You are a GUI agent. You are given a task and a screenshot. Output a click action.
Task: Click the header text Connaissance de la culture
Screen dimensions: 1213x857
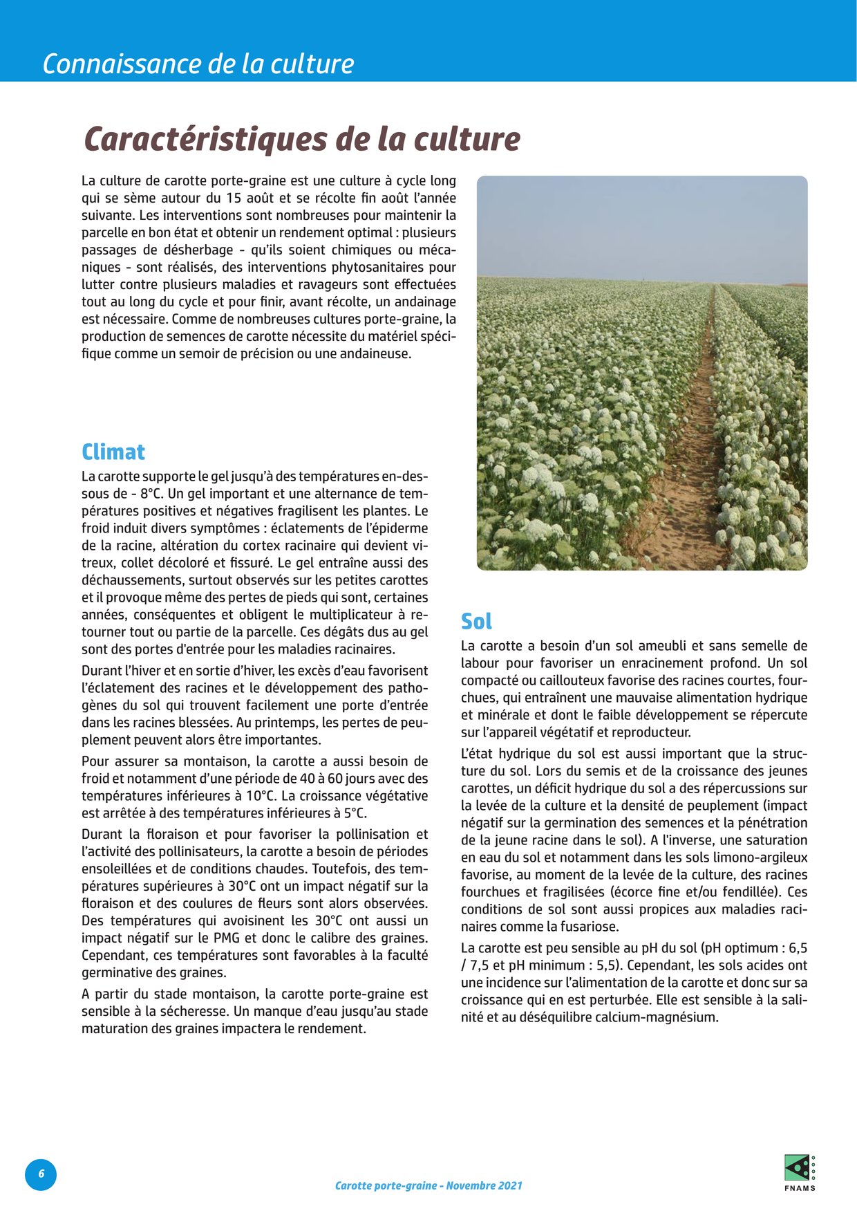pos(198,64)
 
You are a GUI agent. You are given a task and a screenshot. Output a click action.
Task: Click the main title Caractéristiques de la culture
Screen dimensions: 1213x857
pos(302,139)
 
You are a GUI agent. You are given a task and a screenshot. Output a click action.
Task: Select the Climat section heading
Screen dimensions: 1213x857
pos(113,452)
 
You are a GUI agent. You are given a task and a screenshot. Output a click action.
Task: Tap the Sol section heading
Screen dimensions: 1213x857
pos(476,621)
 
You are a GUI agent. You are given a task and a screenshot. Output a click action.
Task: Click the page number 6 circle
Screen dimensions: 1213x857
pos(41,1174)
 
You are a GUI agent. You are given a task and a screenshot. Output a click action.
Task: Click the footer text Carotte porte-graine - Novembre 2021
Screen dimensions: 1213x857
pos(428,1185)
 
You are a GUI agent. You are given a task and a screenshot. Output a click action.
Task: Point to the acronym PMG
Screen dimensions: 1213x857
pos(227,938)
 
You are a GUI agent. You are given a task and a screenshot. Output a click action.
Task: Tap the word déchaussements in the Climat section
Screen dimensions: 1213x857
pos(130,580)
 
